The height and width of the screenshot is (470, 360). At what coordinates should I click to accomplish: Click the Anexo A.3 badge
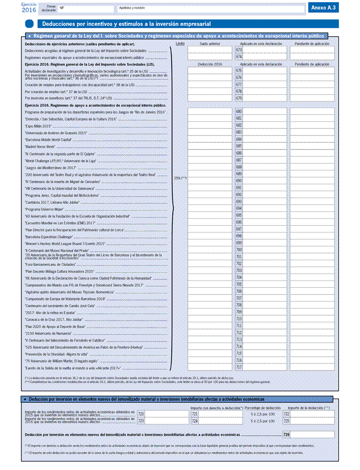(x=324, y=8)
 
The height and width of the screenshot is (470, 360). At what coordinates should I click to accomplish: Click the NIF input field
(x=85, y=9)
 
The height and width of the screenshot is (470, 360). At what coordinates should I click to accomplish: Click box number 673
(x=239, y=50)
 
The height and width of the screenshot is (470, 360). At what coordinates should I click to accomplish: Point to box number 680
(x=239, y=111)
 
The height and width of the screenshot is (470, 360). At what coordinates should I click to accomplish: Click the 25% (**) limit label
(x=180, y=178)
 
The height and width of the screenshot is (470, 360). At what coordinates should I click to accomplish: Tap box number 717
(x=239, y=367)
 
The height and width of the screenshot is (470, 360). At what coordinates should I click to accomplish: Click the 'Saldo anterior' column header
(x=209, y=43)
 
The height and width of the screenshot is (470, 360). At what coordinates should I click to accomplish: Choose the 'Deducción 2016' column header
(x=210, y=64)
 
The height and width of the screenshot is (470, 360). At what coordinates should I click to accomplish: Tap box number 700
(x=239, y=250)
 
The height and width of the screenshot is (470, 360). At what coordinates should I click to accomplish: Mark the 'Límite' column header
(x=180, y=43)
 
